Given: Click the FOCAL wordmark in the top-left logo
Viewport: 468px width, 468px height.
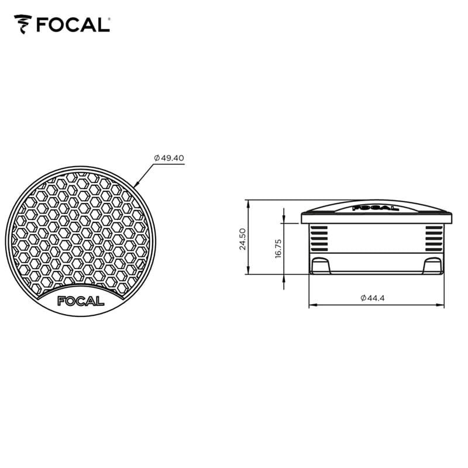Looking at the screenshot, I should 72,25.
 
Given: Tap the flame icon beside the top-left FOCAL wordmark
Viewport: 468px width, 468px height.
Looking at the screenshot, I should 23,25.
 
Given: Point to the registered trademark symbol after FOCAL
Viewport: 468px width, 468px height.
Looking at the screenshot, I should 109,19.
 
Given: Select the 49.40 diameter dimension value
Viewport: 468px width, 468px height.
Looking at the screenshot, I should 173,158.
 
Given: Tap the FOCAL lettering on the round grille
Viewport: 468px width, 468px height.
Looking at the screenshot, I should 80,301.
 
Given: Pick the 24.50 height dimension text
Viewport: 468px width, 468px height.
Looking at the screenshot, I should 242,238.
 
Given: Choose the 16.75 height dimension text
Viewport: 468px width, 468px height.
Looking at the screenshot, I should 278,247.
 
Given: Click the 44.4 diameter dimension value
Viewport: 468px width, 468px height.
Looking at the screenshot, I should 377,298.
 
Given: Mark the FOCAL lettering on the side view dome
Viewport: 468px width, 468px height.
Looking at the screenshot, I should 376,207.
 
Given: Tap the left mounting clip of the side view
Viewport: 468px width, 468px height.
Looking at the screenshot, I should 320,266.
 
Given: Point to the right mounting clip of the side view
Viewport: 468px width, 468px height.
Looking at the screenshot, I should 432,266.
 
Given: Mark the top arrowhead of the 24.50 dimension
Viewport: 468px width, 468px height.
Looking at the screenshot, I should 249,203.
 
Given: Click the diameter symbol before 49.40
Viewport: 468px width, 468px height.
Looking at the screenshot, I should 157,158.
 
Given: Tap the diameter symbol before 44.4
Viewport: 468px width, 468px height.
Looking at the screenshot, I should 363,298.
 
